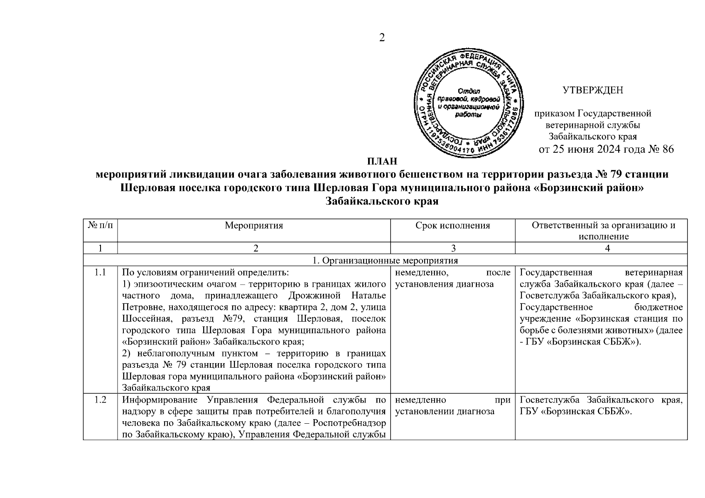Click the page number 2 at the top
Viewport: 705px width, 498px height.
click(382, 38)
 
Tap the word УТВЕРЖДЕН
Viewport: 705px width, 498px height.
click(592, 90)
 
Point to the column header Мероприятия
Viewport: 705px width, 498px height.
click(254, 225)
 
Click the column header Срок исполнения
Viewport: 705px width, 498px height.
click(452, 225)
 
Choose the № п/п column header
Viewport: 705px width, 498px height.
click(100, 225)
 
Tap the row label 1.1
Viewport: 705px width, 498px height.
click(100, 273)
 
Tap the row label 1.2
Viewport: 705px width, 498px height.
click(100, 400)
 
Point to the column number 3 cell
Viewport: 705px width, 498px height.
click(452, 248)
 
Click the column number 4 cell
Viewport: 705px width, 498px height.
click(607, 248)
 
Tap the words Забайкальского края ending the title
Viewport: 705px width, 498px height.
click(382, 201)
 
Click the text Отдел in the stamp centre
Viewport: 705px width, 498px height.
click(469, 90)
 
